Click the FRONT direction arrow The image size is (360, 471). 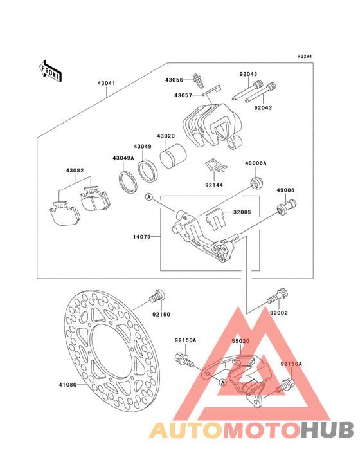pos(51,71)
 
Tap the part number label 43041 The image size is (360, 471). pos(106,83)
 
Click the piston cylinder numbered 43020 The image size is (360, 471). pos(174,156)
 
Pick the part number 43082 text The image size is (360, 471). pos(75,171)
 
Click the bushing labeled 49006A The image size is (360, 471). pos(256,182)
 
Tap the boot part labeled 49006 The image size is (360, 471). pos(286,207)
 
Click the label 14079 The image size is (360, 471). pos(141,237)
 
